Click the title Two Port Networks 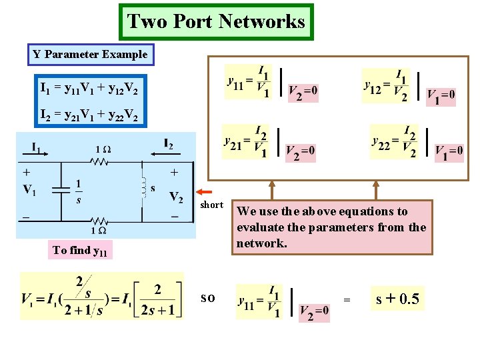coord(216,22)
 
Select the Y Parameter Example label coord(90,54)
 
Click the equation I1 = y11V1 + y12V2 coord(89,87)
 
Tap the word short coord(211,205)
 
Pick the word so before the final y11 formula coord(208,298)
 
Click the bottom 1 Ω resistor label coord(99,230)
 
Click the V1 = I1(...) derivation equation coord(102,296)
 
